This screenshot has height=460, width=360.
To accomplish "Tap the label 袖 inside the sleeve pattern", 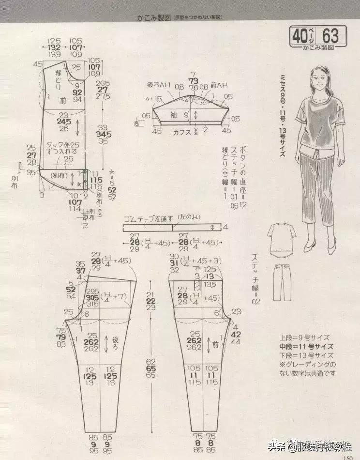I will pos(173,115).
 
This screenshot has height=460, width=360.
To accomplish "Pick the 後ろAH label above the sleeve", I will pos(158,85).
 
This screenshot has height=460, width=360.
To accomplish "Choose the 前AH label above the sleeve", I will pos(220,85).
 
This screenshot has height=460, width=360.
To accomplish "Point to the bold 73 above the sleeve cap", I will pos(194,79).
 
